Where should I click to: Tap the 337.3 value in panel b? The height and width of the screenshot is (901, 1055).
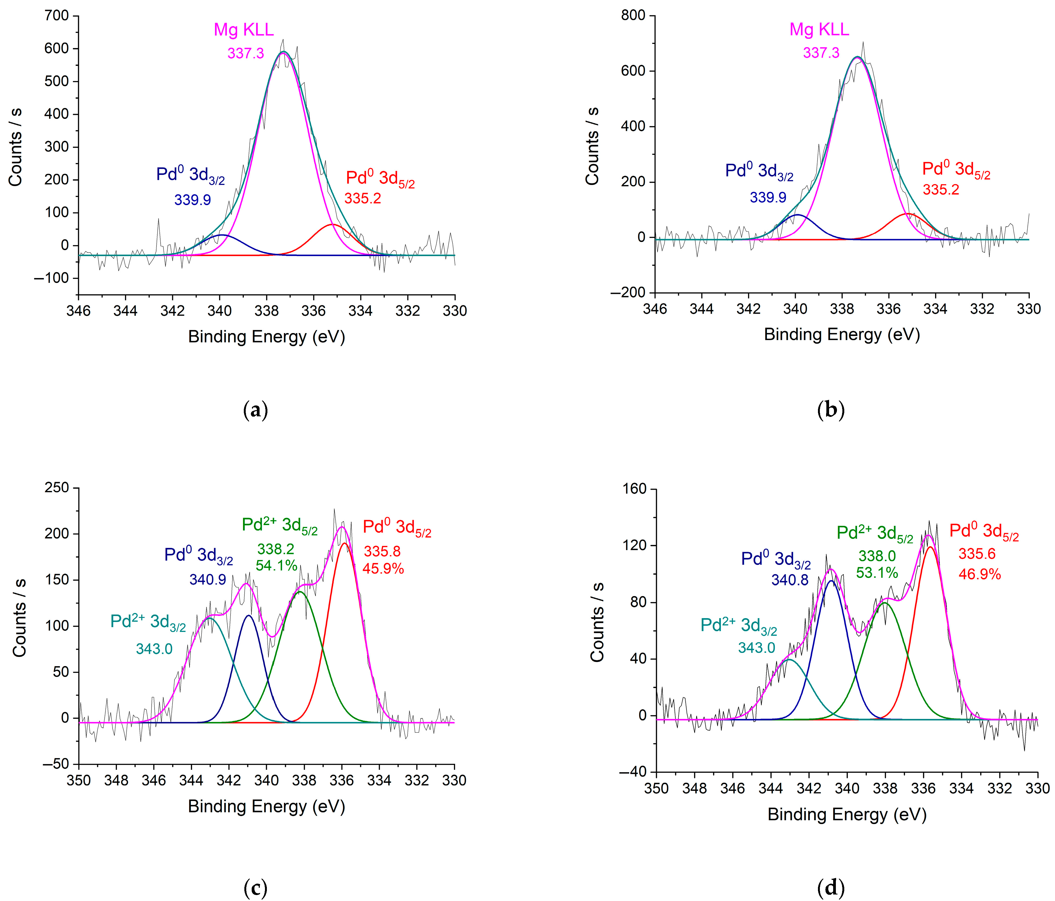click(x=821, y=52)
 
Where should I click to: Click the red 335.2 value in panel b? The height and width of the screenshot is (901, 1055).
click(x=941, y=190)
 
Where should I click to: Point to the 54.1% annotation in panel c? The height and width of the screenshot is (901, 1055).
click(x=276, y=565)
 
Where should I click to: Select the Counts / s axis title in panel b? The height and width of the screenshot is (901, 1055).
click(x=592, y=146)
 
